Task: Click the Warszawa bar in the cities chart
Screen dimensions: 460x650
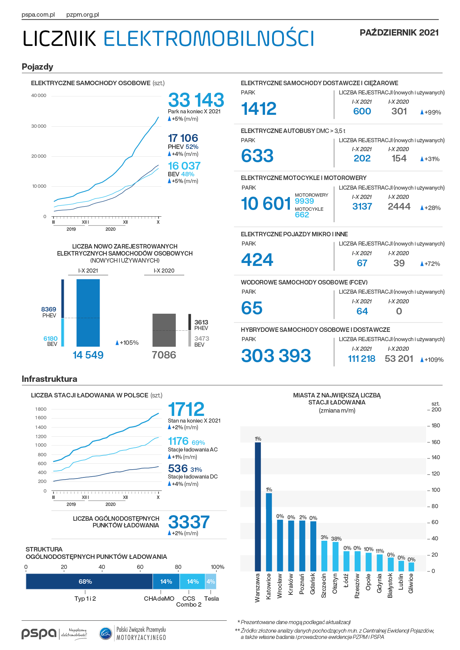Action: (x=258, y=507)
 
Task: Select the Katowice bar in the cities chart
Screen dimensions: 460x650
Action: (x=269, y=532)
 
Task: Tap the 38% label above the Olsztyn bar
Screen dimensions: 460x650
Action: (x=336, y=539)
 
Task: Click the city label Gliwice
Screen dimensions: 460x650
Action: (x=411, y=583)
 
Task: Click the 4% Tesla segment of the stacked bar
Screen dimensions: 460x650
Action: (x=211, y=581)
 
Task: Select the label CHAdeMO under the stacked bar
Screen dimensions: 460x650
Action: (x=159, y=599)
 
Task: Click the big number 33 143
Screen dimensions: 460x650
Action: (x=196, y=100)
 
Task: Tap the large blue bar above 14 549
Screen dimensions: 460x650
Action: (x=88, y=313)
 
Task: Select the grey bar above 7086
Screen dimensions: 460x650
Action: (x=164, y=330)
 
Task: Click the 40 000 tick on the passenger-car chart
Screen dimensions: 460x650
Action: (x=39, y=96)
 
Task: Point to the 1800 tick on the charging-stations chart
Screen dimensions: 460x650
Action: (x=41, y=409)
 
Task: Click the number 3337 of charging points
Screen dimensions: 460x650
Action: (x=189, y=522)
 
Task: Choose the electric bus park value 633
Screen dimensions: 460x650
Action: (x=257, y=156)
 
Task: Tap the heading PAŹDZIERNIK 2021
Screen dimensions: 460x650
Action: (x=399, y=33)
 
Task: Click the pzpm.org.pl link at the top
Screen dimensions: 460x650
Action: (x=83, y=15)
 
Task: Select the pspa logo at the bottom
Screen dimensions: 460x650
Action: (x=39, y=634)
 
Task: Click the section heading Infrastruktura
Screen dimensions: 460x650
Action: (x=49, y=379)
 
